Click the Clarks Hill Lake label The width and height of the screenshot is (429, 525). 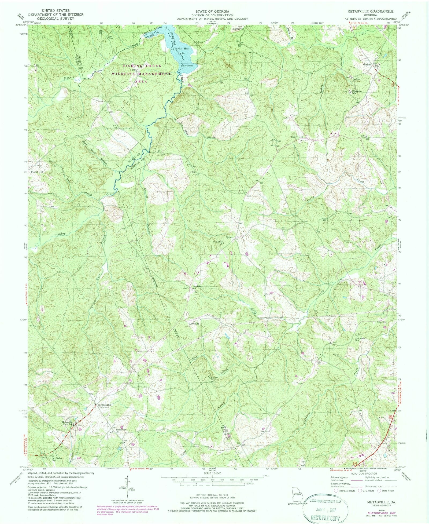(x=178, y=51)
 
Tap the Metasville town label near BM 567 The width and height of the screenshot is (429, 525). (x=105, y=405)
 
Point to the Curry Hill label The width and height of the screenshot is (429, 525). (x=297, y=137)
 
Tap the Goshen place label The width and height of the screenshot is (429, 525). (x=367, y=64)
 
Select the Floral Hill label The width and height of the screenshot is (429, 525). (x=37, y=172)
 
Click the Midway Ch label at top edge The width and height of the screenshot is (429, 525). (x=238, y=29)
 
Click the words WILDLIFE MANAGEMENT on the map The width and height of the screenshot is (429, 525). (x=141, y=74)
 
